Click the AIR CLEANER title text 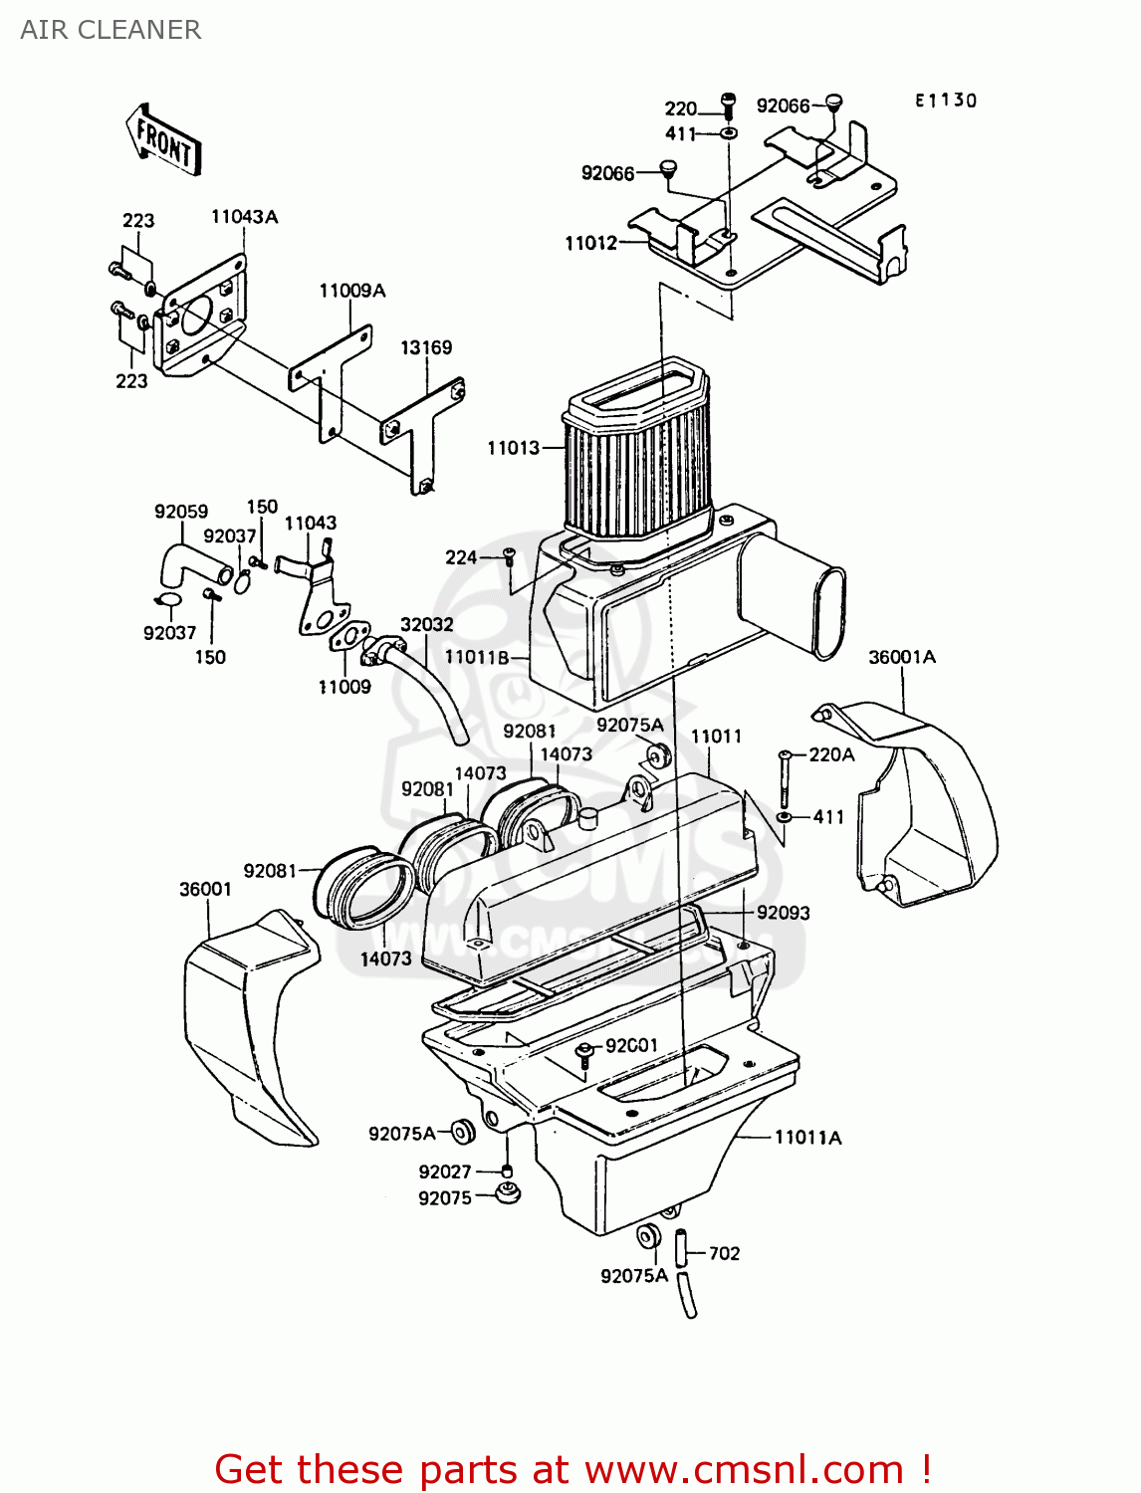coord(111,30)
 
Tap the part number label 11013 coord(513,448)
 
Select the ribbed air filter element coord(637,468)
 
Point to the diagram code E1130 coord(946,101)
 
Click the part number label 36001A coord(902,657)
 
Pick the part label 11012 coord(590,243)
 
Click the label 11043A coord(244,217)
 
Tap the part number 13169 coord(426,347)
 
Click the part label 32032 coord(427,624)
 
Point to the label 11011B coord(477,657)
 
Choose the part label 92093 coord(784,913)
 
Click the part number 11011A coord(807,1138)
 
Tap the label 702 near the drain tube coord(724,1253)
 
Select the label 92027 coord(445,1173)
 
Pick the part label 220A coord(831,754)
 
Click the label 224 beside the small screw coord(461,557)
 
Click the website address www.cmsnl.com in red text coord(743,1470)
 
